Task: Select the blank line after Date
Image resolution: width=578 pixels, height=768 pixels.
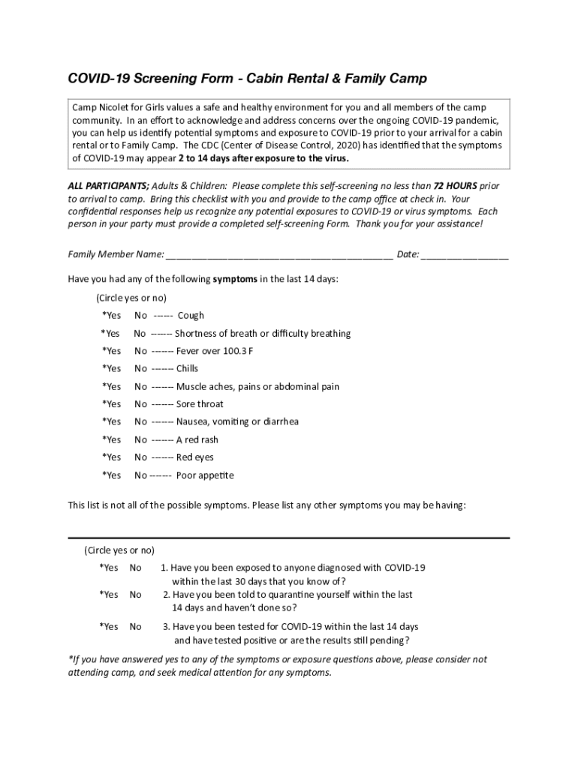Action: click(465, 255)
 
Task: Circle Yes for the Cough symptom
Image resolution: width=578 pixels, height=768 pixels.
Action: click(112, 316)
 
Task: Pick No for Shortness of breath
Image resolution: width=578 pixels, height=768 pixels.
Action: click(140, 334)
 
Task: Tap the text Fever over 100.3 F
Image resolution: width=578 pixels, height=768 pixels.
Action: click(215, 351)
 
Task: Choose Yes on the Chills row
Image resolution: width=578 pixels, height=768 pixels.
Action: click(112, 369)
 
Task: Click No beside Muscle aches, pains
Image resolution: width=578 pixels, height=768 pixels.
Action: click(140, 387)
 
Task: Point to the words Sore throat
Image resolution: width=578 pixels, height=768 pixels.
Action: click(200, 404)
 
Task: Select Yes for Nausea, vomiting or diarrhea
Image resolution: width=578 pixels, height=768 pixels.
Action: click(112, 422)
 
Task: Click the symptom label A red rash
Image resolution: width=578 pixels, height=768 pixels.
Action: click(197, 440)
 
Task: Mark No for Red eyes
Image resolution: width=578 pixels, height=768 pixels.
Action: click(140, 457)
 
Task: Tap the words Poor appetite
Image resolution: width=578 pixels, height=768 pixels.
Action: click(206, 475)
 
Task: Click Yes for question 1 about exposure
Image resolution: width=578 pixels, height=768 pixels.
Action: click(109, 568)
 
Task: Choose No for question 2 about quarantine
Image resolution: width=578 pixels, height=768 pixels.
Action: click(135, 595)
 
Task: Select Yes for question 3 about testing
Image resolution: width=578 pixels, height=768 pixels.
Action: click(109, 627)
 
